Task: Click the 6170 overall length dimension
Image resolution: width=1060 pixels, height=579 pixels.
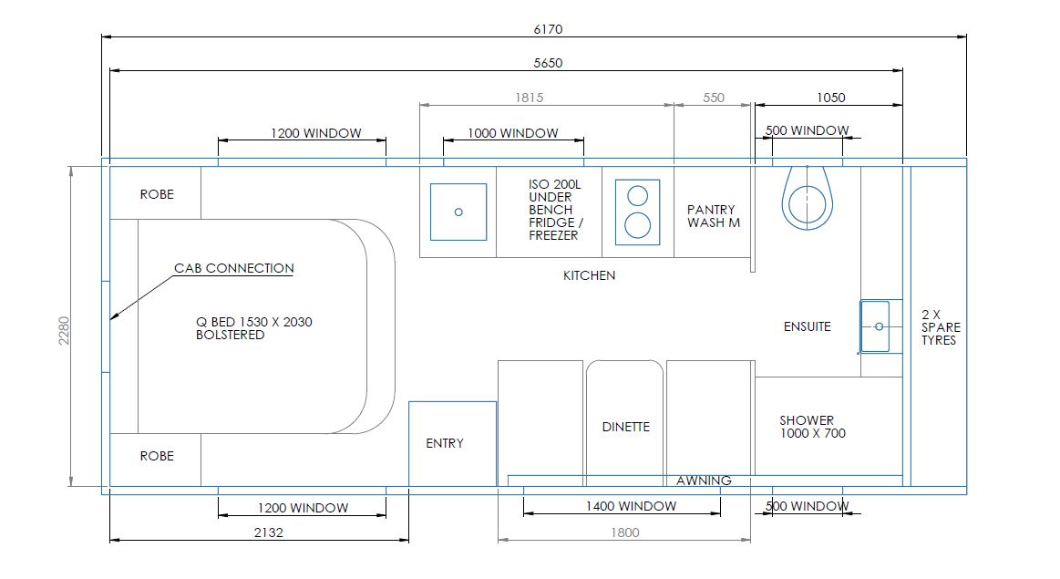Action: coord(548,29)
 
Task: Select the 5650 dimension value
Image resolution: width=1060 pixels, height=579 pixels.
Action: coord(548,63)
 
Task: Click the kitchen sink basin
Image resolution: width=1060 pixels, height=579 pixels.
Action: coord(458,212)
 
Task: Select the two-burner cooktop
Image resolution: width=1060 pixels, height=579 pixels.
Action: coord(638,212)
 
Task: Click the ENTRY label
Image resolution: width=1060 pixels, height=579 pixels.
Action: coord(445,443)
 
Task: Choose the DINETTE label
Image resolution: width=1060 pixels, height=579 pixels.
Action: coord(626,427)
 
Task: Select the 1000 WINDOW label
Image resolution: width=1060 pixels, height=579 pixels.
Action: coord(513,133)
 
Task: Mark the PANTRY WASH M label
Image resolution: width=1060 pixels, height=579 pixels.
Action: coord(713,216)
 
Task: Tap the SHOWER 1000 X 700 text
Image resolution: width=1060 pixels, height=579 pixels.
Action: coord(812,427)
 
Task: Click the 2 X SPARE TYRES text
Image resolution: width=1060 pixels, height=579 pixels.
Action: coord(941,326)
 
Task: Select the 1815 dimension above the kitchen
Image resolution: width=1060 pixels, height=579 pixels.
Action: coord(529,98)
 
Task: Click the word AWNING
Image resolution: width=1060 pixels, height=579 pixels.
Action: coord(704,481)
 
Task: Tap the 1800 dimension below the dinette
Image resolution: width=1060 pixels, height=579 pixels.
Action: coord(624,532)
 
